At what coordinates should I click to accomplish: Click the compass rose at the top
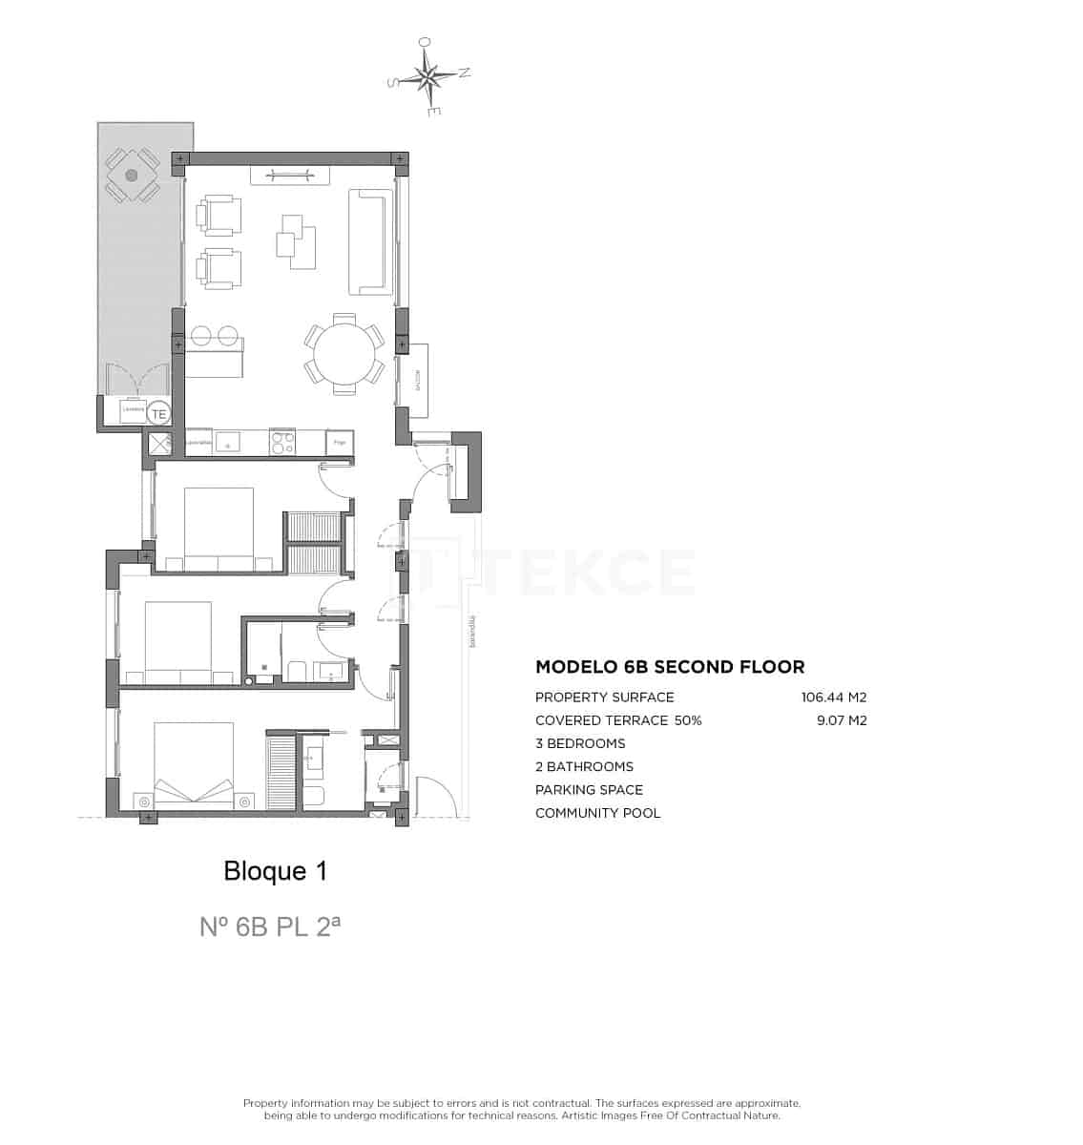pyautogui.click(x=429, y=77)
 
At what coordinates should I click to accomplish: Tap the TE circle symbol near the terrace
pyautogui.click(x=159, y=413)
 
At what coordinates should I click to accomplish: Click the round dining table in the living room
pyautogui.click(x=345, y=353)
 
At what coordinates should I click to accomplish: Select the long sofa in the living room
pyautogui.click(x=370, y=241)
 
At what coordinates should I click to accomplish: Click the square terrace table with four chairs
pyautogui.click(x=132, y=176)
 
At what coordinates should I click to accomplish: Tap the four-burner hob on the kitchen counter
pyautogui.click(x=283, y=443)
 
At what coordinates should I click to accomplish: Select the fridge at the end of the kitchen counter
pyautogui.click(x=340, y=443)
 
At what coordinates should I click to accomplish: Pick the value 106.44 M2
pyautogui.click(x=833, y=697)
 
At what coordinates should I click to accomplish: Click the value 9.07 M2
pyautogui.click(x=841, y=720)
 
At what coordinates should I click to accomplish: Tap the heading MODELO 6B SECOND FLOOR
pyautogui.click(x=670, y=667)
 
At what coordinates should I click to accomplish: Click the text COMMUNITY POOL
pyautogui.click(x=597, y=813)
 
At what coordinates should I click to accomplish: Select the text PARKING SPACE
pyautogui.click(x=589, y=790)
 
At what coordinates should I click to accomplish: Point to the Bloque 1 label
pyautogui.click(x=275, y=871)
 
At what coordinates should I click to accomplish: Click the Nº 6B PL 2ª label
pyautogui.click(x=269, y=926)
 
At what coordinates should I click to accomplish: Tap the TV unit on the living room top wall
pyautogui.click(x=290, y=175)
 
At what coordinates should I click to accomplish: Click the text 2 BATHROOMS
pyautogui.click(x=584, y=766)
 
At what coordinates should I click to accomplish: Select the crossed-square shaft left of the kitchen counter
pyautogui.click(x=157, y=443)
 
